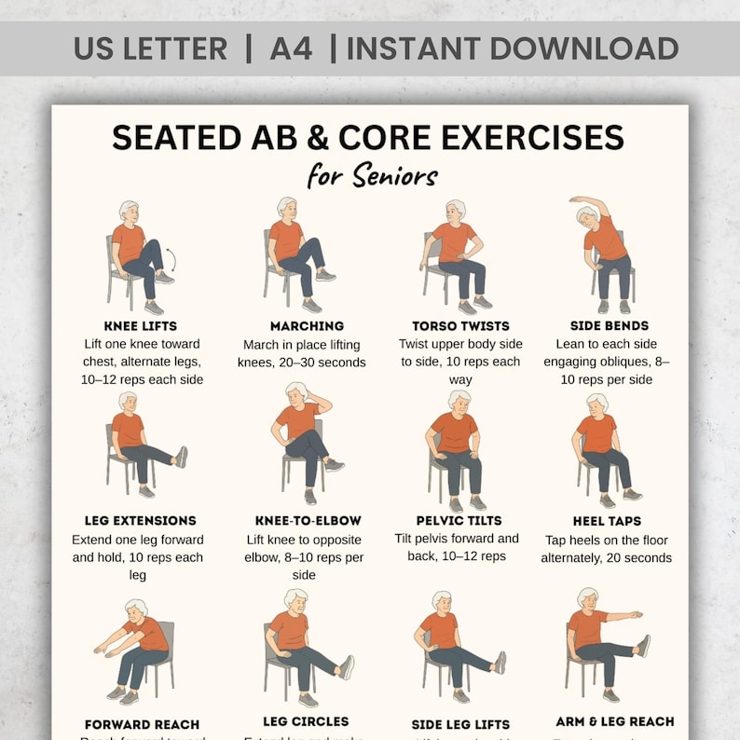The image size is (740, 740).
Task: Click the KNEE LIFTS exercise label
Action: click(x=142, y=326)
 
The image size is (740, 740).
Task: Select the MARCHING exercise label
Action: click(x=307, y=326)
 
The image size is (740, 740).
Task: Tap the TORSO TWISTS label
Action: click(x=460, y=326)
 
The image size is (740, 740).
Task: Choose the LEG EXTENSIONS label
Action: click(x=140, y=521)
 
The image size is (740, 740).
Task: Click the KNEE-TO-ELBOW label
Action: click(x=308, y=521)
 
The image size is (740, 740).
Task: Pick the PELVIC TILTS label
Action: click(x=460, y=521)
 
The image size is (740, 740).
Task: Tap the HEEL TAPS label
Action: click(x=607, y=521)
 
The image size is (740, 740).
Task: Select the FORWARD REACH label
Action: click(x=142, y=724)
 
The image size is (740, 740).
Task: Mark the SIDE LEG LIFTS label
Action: click(x=460, y=724)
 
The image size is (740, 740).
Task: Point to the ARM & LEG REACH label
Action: click(x=614, y=721)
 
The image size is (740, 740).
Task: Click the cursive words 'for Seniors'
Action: click(x=372, y=175)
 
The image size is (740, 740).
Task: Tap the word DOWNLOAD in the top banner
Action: click(x=586, y=48)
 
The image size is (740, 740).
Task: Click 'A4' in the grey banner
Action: click(x=291, y=48)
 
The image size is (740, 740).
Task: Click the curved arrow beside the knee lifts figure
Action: click(x=171, y=259)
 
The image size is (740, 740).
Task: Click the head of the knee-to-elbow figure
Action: click(x=297, y=392)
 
